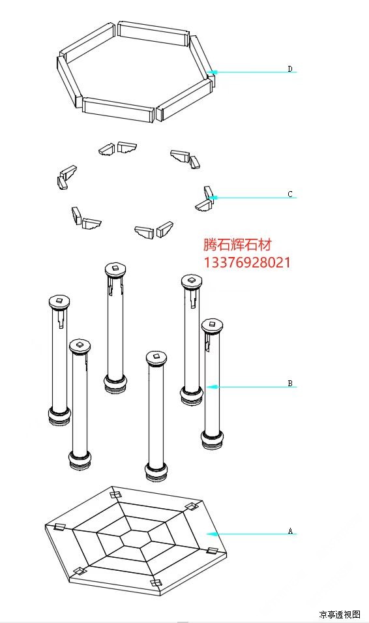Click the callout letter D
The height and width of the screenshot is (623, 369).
(x=290, y=69)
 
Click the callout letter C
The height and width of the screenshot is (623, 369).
(x=290, y=194)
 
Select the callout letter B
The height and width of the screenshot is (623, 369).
(x=290, y=384)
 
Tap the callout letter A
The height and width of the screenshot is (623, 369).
(x=290, y=531)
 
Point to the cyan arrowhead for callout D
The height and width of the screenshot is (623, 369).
(x=212, y=72)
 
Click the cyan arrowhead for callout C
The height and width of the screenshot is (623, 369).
(x=212, y=198)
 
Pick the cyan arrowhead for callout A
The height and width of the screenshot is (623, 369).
(x=212, y=534)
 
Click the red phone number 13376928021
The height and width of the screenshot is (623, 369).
(x=246, y=262)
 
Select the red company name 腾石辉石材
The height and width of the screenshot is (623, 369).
(x=237, y=245)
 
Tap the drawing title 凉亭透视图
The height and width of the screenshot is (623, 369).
(x=340, y=615)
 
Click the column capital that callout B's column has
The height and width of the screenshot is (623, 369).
(x=212, y=326)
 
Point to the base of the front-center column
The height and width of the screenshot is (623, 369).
(x=156, y=472)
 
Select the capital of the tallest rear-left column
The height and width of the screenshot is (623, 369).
(x=115, y=270)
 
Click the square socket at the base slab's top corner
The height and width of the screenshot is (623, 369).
(x=115, y=494)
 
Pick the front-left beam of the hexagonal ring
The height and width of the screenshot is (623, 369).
(x=118, y=109)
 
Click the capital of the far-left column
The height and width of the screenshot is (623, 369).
(x=59, y=303)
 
